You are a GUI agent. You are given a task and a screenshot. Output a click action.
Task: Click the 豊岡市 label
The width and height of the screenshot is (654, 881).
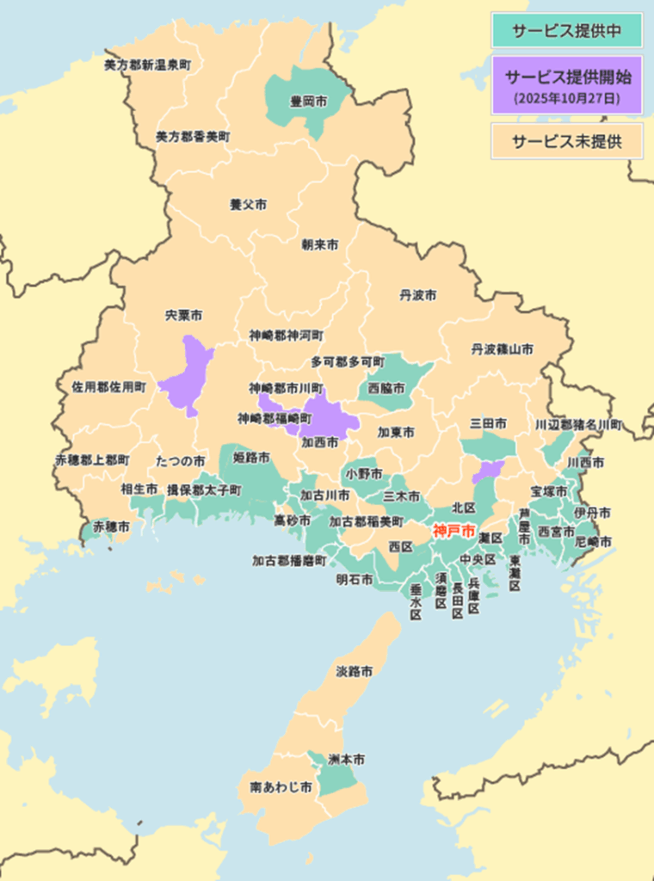(x=308, y=102)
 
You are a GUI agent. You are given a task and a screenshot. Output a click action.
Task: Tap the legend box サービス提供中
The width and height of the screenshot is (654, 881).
(x=566, y=31)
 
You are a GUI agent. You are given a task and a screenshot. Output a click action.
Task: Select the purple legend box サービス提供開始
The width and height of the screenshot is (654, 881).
(x=566, y=85)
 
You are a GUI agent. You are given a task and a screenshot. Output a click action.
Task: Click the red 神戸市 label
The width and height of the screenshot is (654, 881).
(x=453, y=531)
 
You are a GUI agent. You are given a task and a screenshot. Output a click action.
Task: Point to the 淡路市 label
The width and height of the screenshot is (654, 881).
(x=354, y=670)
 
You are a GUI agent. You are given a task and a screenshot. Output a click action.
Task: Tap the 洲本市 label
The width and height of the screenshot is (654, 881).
(x=346, y=760)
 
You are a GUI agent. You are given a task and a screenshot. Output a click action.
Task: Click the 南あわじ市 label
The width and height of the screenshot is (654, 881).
(x=281, y=787)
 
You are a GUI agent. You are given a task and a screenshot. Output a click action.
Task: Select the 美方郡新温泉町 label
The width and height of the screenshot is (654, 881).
(x=147, y=65)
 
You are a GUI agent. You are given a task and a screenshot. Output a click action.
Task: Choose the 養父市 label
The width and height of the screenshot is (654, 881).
(x=248, y=205)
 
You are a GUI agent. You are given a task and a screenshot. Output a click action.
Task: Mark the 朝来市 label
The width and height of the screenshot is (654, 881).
(x=319, y=244)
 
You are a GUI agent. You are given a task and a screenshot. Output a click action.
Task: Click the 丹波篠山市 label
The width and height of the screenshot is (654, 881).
(x=502, y=349)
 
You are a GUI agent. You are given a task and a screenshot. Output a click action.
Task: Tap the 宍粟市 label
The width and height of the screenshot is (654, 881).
(x=183, y=316)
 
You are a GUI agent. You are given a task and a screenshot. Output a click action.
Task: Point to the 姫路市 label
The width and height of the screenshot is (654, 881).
(x=251, y=457)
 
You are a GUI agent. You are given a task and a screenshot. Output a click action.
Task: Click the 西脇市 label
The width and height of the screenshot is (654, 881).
(x=386, y=388)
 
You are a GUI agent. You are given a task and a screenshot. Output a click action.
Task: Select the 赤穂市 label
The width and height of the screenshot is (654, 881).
(x=112, y=525)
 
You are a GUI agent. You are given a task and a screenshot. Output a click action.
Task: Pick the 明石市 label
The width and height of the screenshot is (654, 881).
(x=355, y=580)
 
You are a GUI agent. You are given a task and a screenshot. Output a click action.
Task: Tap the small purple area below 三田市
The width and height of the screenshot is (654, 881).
(x=489, y=470)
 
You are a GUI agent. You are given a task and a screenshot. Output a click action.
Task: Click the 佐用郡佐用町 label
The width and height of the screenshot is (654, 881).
(x=108, y=387)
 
